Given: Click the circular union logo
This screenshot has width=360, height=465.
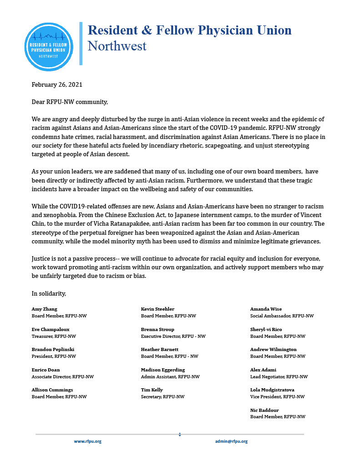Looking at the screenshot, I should pos(48,47).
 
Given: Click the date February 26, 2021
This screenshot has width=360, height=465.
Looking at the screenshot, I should pos(57,84).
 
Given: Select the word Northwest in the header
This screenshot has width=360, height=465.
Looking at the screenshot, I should pos(117,46).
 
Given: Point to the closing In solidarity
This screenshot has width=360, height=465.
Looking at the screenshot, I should pos(49,293).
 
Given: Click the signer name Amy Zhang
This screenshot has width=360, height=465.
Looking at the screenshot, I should pos(44,309).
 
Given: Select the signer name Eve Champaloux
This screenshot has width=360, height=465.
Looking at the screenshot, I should pos(50,329).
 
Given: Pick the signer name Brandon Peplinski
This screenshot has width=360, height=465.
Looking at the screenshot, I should pos(53,349).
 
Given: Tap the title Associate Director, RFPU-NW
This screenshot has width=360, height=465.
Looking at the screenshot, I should pos(63,376).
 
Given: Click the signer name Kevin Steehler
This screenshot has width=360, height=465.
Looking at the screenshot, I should pos(158,309).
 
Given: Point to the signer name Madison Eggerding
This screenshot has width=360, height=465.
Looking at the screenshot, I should pos(163,370).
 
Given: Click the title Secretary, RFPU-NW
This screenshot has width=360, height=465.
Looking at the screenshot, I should pos(163,396).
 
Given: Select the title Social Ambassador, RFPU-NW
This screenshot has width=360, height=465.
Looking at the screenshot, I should pos(282,316).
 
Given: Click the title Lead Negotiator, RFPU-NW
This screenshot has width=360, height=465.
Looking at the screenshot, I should pos(279,376).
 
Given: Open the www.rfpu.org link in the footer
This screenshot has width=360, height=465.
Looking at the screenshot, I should pos(88,441).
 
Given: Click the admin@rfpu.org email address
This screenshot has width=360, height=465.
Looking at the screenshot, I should pos(231,441).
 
